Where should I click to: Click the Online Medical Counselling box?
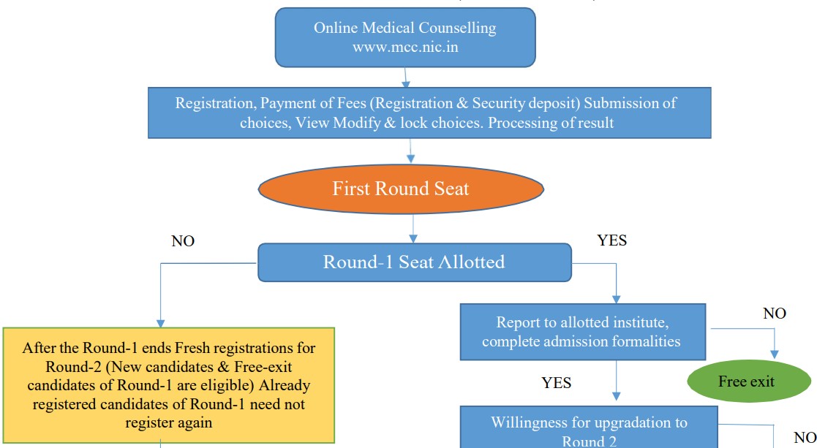click(404, 37)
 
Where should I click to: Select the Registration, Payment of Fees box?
click(429, 113)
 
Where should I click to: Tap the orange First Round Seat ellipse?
click(401, 189)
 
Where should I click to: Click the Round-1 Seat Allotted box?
click(414, 262)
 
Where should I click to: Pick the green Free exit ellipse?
click(746, 381)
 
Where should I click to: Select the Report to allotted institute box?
click(582, 332)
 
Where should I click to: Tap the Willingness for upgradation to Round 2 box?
click(589, 430)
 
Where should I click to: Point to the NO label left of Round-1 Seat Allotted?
click(183, 241)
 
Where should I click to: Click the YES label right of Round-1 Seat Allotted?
click(611, 240)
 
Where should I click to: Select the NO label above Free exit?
click(775, 314)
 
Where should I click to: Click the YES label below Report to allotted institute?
click(557, 382)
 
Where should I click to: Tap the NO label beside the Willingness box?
click(805, 437)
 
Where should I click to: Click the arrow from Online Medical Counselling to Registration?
click(407, 77)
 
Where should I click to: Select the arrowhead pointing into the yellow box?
click(160, 322)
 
